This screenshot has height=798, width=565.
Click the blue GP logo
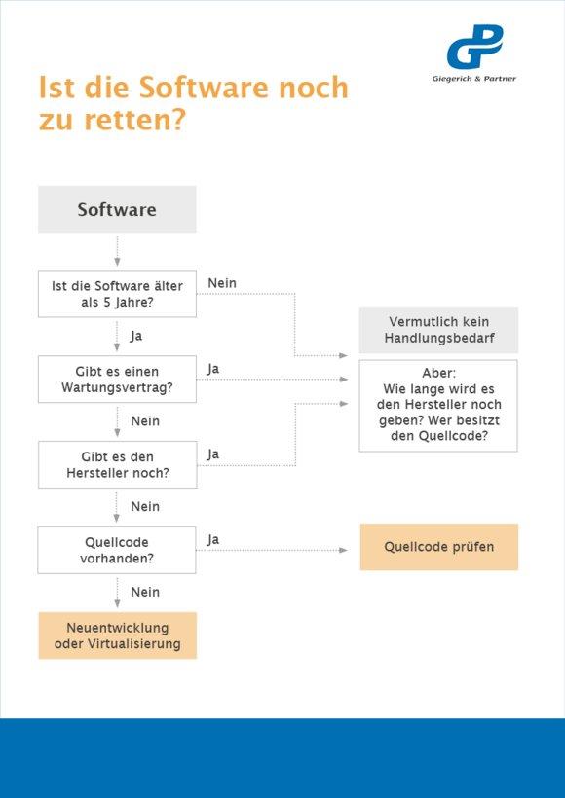click(x=474, y=47)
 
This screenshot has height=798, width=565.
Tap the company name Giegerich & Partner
click(x=473, y=79)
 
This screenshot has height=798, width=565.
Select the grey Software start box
click(x=117, y=209)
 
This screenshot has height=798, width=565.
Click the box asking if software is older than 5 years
click(x=117, y=294)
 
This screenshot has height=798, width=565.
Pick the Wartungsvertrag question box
click(x=117, y=380)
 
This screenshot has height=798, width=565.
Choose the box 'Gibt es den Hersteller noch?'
click(x=117, y=464)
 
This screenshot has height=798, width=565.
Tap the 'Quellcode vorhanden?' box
click(x=117, y=550)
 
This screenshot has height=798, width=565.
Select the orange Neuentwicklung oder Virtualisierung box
click(x=117, y=635)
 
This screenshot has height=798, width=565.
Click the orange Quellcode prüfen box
click(x=438, y=547)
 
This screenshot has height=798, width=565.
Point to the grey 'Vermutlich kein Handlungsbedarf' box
click(x=438, y=330)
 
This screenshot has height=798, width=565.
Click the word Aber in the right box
click(x=438, y=373)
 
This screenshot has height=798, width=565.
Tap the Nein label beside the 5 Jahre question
click(x=222, y=283)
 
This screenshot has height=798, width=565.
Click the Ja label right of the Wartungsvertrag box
click(x=213, y=370)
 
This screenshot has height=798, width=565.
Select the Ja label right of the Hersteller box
click(x=213, y=454)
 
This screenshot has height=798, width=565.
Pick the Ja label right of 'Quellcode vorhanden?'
click(x=213, y=540)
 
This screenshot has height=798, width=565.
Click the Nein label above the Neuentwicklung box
click(x=145, y=592)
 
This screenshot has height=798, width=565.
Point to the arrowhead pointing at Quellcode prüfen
click(x=343, y=550)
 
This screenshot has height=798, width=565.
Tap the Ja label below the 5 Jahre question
click(x=136, y=337)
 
